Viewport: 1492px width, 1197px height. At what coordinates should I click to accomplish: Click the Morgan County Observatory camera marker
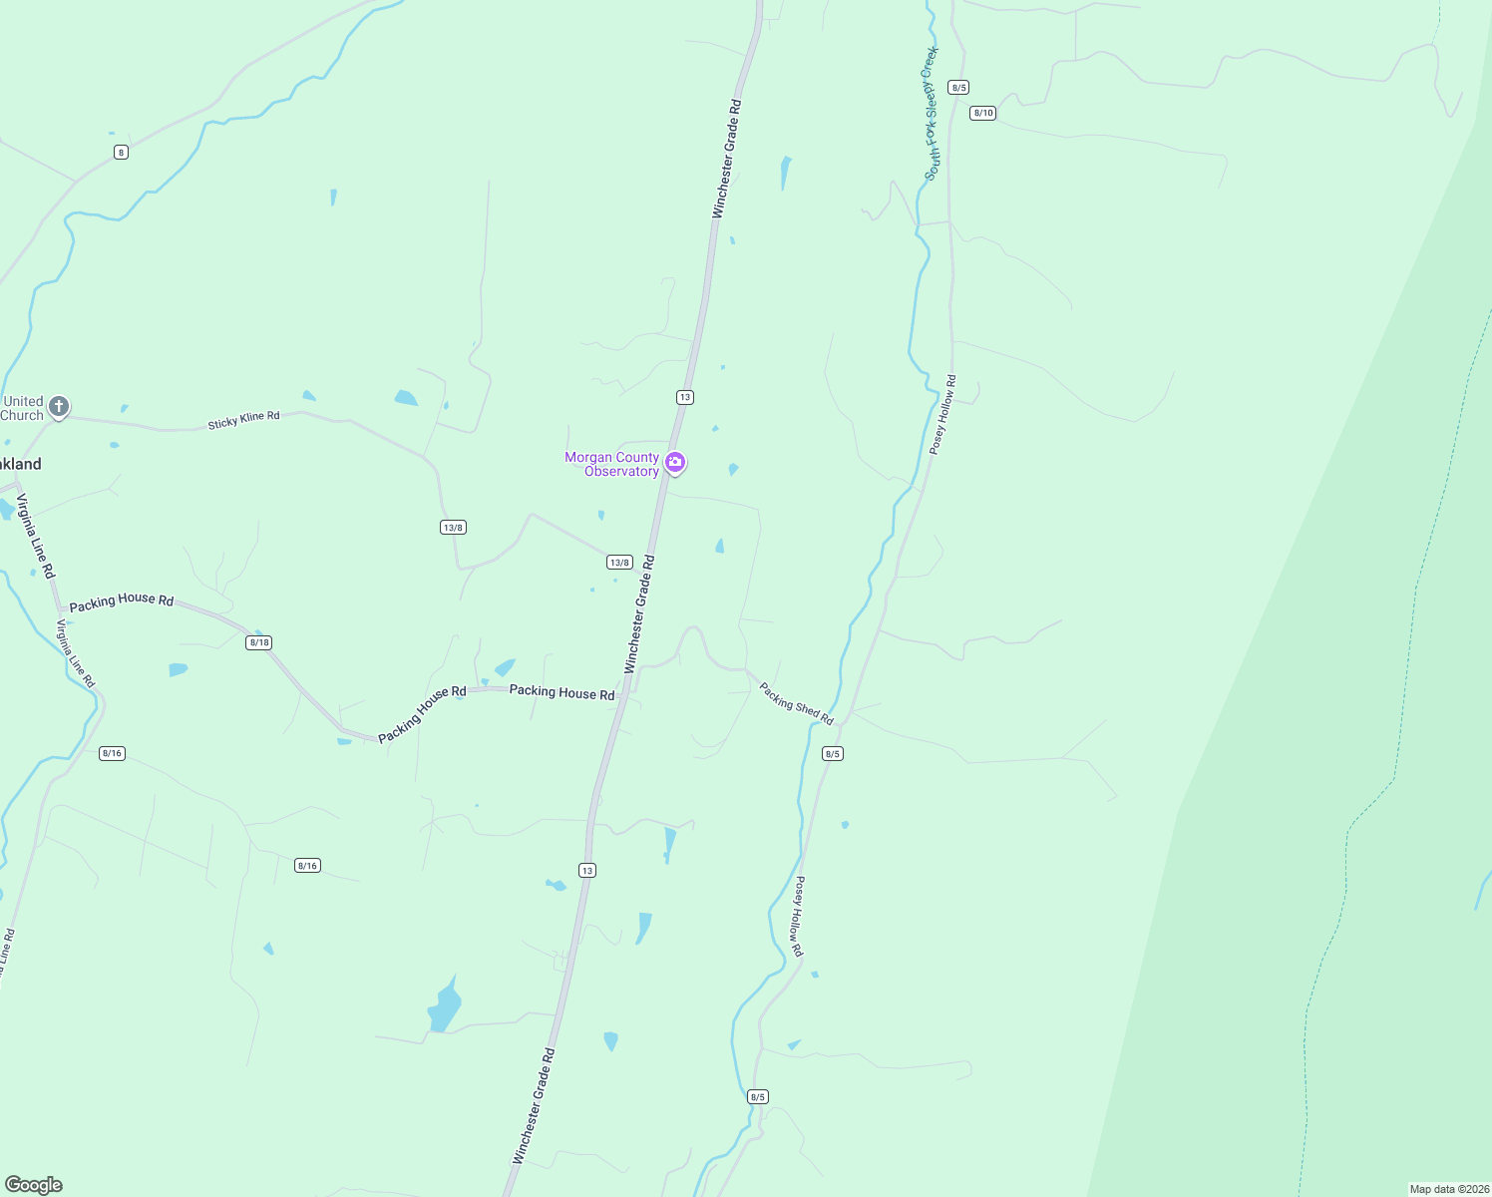click(675, 462)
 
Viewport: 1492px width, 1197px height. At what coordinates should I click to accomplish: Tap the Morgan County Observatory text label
click(612, 464)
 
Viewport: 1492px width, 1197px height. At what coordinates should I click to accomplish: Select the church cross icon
click(59, 406)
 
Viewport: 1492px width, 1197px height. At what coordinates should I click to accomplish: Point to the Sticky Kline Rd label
click(243, 420)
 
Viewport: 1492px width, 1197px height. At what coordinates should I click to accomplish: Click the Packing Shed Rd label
click(796, 703)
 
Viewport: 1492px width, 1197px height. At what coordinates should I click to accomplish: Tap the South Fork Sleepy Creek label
click(932, 113)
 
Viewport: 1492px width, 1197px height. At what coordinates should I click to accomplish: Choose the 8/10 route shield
click(983, 113)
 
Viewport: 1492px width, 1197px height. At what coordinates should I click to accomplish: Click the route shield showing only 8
click(121, 152)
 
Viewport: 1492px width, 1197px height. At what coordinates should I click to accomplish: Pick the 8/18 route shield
click(258, 642)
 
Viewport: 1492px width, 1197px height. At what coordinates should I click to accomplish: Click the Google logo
click(34, 1184)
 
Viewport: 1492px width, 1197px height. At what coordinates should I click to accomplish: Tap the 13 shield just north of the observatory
click(684, 397)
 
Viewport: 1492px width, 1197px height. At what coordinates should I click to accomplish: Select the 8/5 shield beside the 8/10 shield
click(958, 88)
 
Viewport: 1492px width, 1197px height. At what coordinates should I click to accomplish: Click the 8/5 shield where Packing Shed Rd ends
click(833, 753)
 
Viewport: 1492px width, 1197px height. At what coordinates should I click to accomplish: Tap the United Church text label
click(23, 408)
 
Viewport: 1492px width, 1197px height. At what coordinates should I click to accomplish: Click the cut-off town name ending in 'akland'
click(21, 464)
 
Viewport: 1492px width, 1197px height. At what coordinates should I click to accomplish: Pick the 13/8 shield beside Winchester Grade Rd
click(619, 563)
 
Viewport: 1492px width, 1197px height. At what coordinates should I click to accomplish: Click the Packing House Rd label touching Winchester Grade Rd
click(561, 691)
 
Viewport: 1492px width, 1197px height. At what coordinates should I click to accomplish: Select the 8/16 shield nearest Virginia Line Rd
click(112, 753)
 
